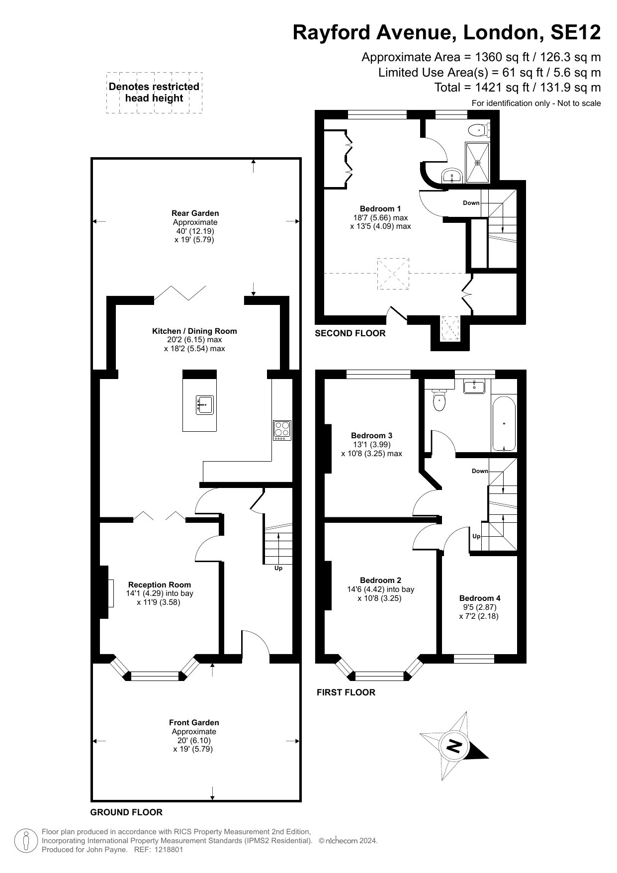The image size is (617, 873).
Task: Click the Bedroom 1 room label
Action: [380, 209]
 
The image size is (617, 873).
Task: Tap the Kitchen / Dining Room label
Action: [194, 331]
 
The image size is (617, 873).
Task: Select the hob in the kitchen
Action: [282, 430]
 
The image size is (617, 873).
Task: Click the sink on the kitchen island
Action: [205, 405]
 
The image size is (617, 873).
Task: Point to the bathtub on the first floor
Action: [504, 423]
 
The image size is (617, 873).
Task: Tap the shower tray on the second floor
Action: [477, 162]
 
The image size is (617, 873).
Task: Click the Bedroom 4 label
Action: [480, 598]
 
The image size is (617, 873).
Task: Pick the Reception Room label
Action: [160, 585]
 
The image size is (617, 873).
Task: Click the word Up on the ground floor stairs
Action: [278, 568]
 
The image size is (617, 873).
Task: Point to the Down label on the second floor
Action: [471, 203]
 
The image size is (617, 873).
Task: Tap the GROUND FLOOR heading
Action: [126, 812]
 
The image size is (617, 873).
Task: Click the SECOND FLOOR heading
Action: [350, 333]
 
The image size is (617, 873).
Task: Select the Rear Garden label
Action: [195, 213]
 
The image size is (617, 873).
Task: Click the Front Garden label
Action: [194, 723]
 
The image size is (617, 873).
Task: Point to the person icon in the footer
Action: [26, 840]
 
